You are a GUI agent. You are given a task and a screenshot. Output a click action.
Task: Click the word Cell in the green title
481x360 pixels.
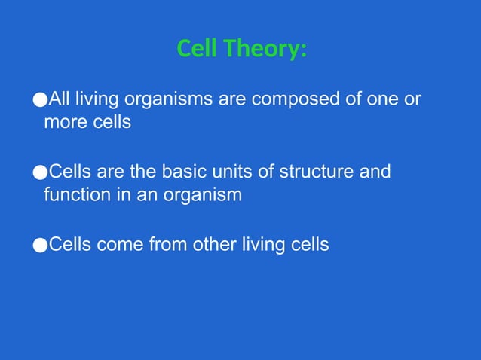(196, 49)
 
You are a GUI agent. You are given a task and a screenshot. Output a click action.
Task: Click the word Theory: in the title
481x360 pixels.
(263, 49)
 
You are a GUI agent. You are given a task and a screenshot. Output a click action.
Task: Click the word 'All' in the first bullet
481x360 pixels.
(60, 100)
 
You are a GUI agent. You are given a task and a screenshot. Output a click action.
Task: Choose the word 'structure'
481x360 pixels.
(318, 172)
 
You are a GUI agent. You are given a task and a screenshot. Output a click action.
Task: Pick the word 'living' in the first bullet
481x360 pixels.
(95, 100)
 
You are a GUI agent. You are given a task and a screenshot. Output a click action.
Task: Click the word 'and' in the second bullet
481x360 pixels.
(375, 172)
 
